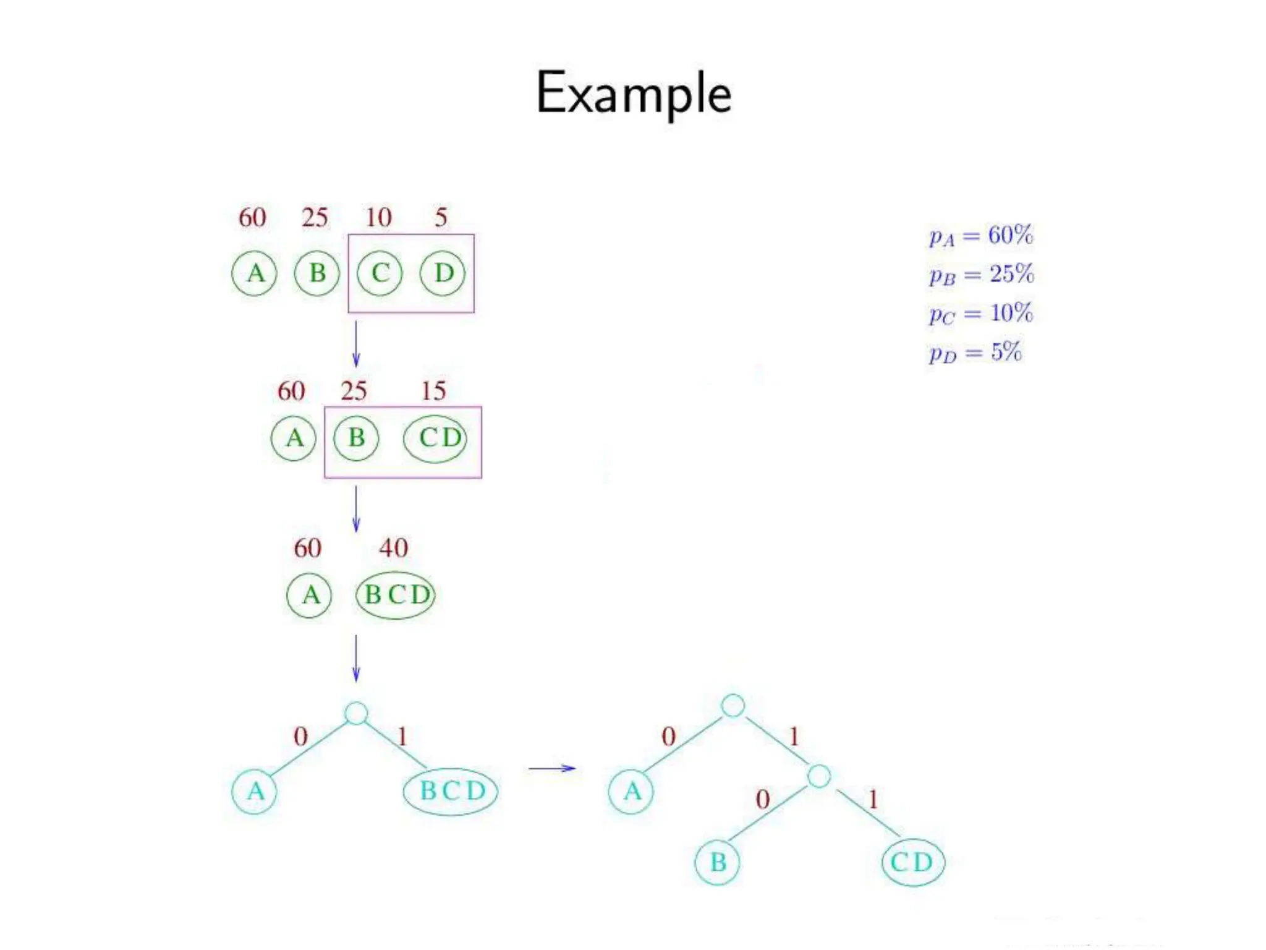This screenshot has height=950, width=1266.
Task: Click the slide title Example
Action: [634, 93]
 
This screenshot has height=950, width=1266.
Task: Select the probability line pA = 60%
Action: [981, 236]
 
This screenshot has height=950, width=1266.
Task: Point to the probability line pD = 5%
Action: [975, 353]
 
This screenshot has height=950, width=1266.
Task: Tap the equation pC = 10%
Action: [981, 314]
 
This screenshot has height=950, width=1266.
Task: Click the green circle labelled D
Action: [443, 273]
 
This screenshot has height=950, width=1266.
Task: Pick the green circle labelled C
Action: [380, 273]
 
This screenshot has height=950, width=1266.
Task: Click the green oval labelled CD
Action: [435, 439]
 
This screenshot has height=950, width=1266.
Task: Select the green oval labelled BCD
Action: [396, 595]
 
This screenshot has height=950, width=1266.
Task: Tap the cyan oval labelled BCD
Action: [451, 791]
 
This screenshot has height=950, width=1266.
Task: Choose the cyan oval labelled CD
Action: [913, 862]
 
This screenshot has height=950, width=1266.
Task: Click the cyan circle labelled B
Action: [718, 862]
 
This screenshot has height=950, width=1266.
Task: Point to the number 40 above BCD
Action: [394, 548]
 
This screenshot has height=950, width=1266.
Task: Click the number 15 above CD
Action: [433, 391]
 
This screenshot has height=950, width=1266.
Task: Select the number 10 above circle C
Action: [378, 218]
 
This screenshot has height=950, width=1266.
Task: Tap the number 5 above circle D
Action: [441, 218]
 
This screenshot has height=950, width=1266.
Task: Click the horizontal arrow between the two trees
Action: [552, 768]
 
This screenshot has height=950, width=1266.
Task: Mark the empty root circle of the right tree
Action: [733, 706]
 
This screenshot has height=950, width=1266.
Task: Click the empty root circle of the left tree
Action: [356, 713]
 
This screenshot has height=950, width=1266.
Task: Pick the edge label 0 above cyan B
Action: [763, 800]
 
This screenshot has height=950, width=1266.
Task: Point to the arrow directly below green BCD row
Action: [356, 658]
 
